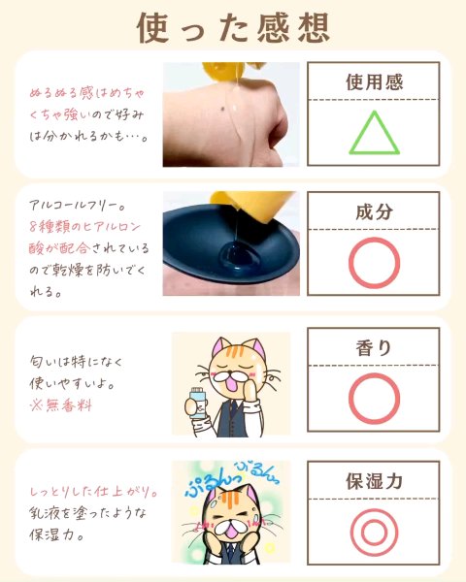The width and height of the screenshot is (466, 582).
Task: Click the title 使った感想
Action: (233, 28)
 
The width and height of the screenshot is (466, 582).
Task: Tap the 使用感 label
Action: (374, 82)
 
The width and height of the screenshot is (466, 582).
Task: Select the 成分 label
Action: (374, 211)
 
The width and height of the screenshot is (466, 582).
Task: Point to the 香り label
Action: (374, 348)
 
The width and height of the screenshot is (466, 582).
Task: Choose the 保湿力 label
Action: (374, 481)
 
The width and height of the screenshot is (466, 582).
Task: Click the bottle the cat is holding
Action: (199, 404)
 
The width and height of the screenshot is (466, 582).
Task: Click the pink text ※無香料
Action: (61, 404)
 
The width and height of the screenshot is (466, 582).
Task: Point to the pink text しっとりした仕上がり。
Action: (93, 492)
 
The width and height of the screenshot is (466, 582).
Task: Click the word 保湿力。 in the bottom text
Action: (56, 534)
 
